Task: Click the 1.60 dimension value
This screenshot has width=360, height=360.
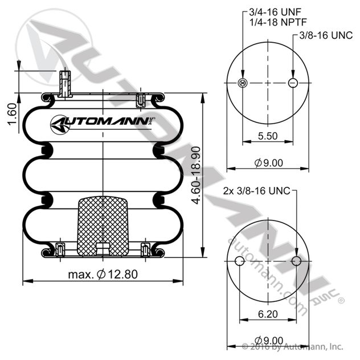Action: pyautogui.click(x=12, y=114)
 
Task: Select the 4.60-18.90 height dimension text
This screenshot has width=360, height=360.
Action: pyautogui.click(x=197, y=175)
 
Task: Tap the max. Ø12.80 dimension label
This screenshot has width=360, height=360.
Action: pyautogui.click(x=103, y=274)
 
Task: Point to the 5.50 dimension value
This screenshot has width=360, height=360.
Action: pyautogui.click(x=268, y=136)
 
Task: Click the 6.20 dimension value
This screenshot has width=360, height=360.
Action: pyautogui.click(x=268, y=314)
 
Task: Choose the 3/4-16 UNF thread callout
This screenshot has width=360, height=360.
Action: pyautogui.click(x=275, y=12)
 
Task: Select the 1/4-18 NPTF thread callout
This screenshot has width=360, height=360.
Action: pyautogui.click(x=278, y=22)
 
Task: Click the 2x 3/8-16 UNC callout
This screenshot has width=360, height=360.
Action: pyautogui.click(x=257, y=191)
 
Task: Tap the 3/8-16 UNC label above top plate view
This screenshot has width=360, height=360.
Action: pyautogui.click(x=326, y=35)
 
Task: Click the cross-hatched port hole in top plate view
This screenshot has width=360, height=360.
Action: pyautogui.click(x=243, y=83)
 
